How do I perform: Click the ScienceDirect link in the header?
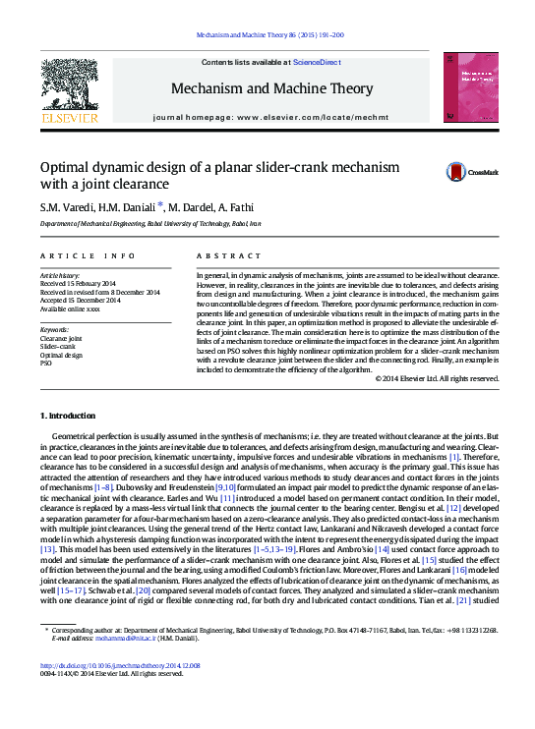tap(318, 63)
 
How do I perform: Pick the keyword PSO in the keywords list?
tap(45, 363)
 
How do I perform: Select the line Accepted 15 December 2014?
tap(81, 300)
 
